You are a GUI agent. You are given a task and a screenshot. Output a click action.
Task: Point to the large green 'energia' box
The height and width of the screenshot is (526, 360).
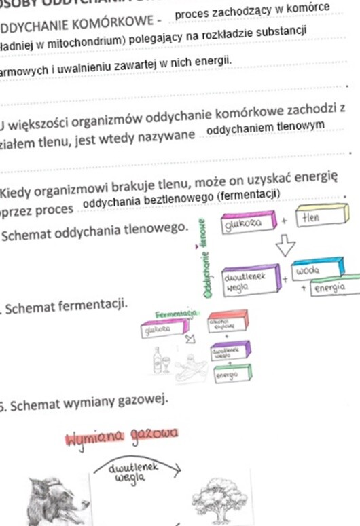pos(335,288)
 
